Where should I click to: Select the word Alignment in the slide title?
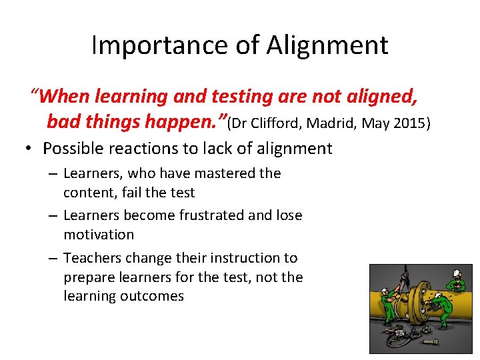point(327,45)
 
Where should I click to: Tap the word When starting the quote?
point(65,97)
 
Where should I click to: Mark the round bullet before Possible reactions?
point(31,149)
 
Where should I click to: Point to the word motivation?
point(99,235)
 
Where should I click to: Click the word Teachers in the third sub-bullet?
point(91,257)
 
